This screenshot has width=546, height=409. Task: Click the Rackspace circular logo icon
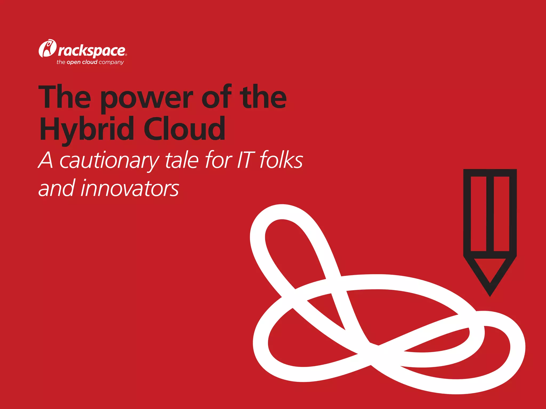[47, 48]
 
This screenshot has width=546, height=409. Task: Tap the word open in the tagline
[74, 62]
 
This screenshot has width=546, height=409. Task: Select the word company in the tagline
[111, 62]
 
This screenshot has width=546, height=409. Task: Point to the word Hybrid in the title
[87, 129]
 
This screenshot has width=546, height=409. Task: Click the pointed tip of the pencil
[490, 293]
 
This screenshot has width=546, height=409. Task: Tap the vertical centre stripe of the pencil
[490, 213]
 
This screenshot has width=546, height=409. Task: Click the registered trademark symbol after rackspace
[126, 55]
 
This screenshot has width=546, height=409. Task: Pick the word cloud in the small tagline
[90, 62]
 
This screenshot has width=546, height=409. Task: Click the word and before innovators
[56, 189]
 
